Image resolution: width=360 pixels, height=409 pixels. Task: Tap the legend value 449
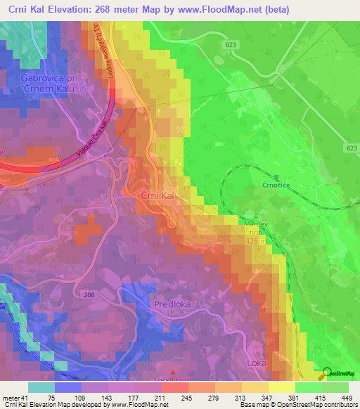pyautogui.click(x=345, y=397)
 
